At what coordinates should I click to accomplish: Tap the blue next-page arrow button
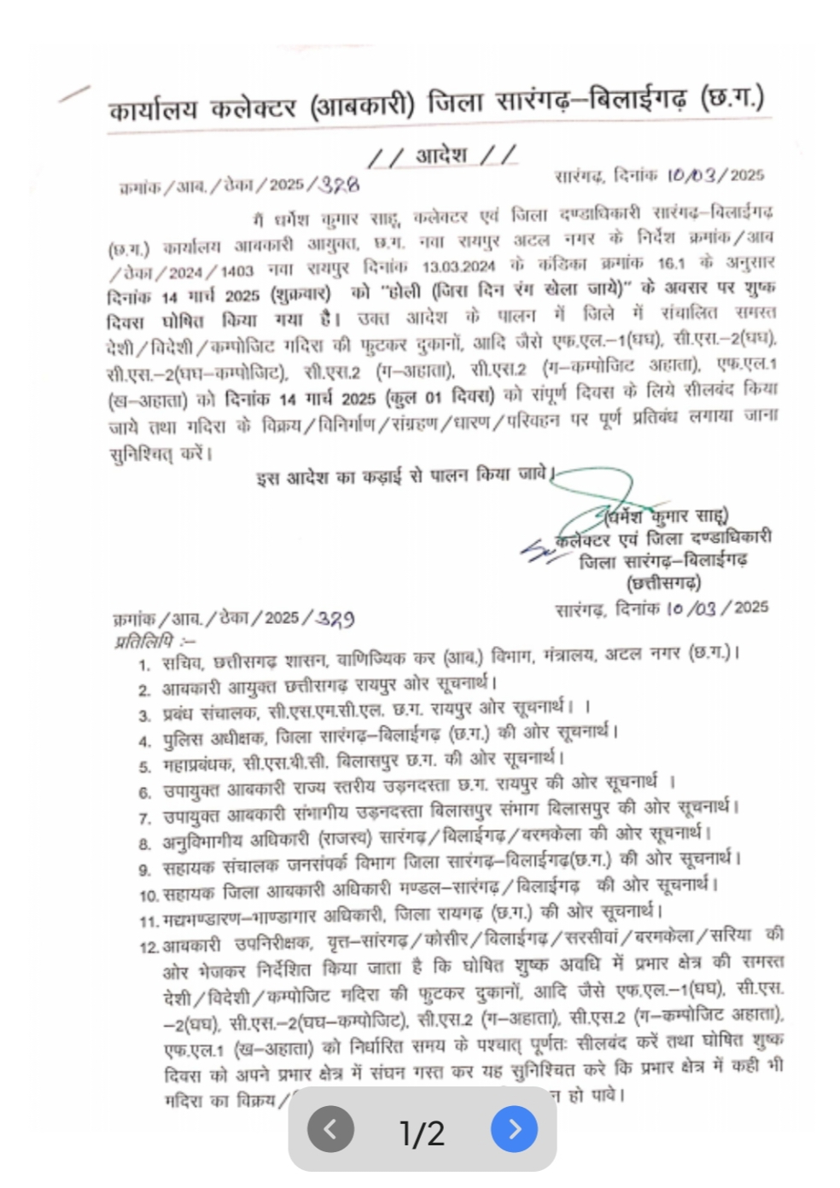click(x=514, y=1129)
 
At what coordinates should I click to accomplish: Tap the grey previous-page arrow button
click(x=330, y=1129)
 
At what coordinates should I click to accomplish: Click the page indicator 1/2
click(x=422, y=1133)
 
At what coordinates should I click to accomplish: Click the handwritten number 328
click(x=338, y=184)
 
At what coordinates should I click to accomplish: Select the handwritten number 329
click(x=334, y=618)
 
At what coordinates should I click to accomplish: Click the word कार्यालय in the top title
click(x=154, y=108)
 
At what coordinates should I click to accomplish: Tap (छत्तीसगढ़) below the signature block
click(x=663, y=584)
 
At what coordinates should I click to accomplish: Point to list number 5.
click(x=145, y=766)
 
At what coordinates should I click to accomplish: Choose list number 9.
click(x=145, y=869)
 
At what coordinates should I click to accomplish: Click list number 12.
click(x=149, y=946)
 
